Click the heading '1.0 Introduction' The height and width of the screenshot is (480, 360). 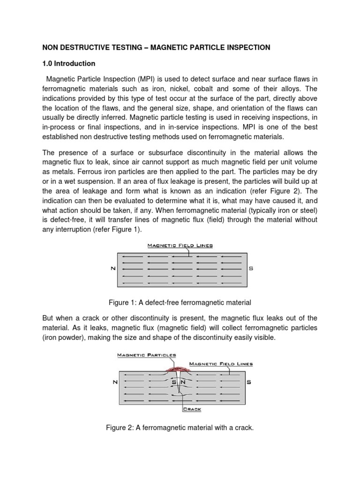click(x=69, y=63)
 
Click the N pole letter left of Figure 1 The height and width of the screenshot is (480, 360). click(x=112, y=268)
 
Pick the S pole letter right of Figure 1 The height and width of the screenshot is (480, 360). click(x=251, y=268)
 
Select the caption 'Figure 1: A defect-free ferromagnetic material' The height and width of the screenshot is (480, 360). click(x=180, y=302)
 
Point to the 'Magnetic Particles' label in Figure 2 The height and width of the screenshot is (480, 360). click(x=146, y=355)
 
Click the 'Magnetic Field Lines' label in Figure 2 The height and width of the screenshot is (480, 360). click(x=221, y=363)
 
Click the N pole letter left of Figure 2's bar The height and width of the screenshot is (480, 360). click(x=115, y=382)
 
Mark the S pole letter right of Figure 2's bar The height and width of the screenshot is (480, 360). click(x=249, y=382)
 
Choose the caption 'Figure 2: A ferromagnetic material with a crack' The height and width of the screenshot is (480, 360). click(x=180, y=427)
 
